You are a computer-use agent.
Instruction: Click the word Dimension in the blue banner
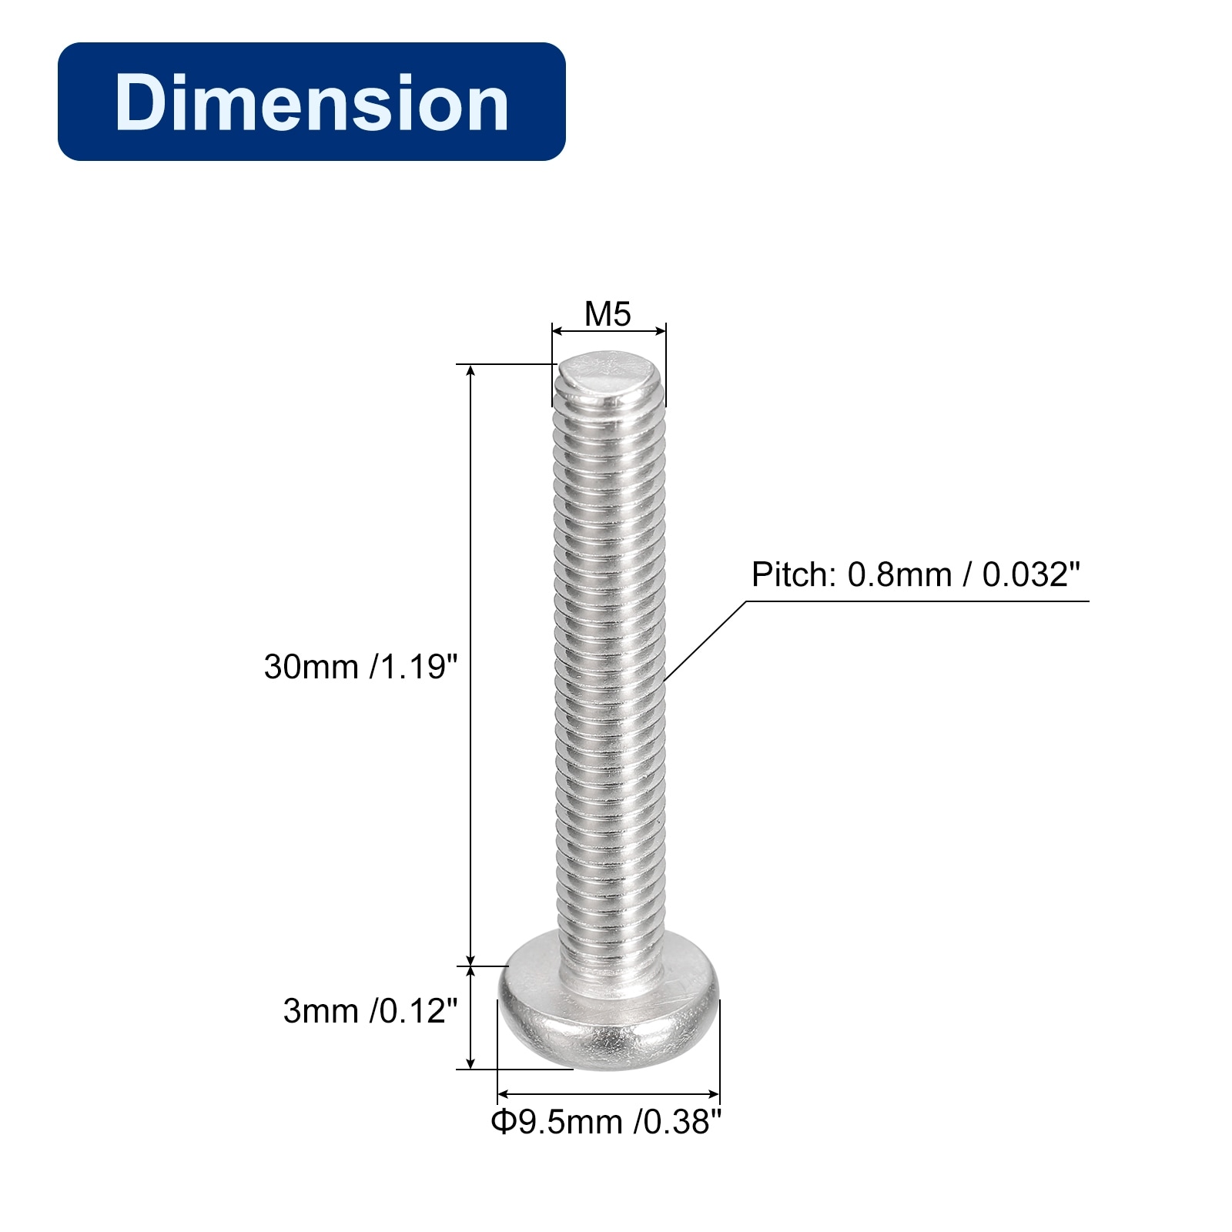(x=312, y=102)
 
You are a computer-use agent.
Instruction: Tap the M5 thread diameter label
(x=608, y=313)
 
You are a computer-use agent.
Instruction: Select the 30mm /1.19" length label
(x=360, y=667)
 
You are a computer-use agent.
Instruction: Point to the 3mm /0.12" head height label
(x=370, y=1011)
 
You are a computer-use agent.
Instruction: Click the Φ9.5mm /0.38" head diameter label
(x=607, y=1122)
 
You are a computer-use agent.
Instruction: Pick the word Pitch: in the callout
(x=794, y=574)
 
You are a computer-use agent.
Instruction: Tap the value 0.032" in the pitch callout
(x=1031, y=574)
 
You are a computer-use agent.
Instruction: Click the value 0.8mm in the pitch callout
(x=899, y=574)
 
